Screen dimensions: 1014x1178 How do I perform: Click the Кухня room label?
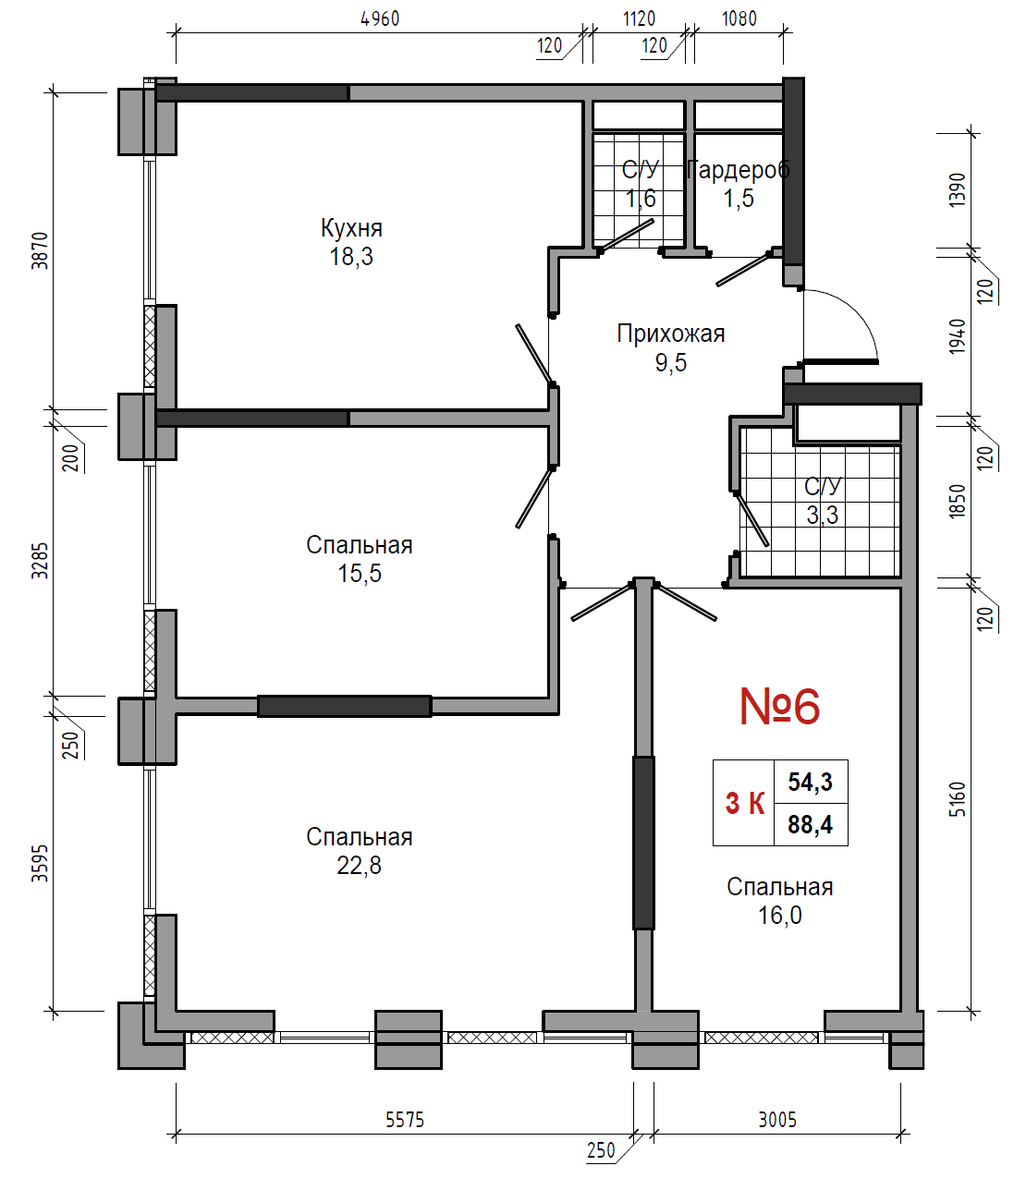point(351,228)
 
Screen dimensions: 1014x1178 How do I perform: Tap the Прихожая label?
point(671,334)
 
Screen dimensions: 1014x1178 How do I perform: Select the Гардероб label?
point(739,170)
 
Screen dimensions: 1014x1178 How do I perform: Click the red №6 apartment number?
point(779,706)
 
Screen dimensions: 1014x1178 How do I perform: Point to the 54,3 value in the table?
point(811,782)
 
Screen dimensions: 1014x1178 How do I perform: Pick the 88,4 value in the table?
point(811,824)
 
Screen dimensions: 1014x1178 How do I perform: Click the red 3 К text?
point(745,804)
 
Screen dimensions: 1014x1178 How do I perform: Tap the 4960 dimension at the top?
point(381,18)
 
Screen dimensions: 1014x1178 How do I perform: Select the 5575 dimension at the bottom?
point(405,1120)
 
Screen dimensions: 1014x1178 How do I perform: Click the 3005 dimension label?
point(777,1120)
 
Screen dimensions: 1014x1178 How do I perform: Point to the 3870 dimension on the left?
point(40,250)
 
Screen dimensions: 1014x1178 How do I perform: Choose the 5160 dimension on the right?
point(958,799)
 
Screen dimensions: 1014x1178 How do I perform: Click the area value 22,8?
point(359,866)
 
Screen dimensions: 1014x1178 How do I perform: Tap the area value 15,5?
point(360,574)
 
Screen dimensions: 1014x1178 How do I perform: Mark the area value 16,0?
point(779,916)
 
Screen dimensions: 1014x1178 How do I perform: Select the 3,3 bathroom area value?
point(823,516)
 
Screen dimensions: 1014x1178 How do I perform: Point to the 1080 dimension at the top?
point(739,18)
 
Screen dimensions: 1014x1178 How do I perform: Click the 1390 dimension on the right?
point(958,190)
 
